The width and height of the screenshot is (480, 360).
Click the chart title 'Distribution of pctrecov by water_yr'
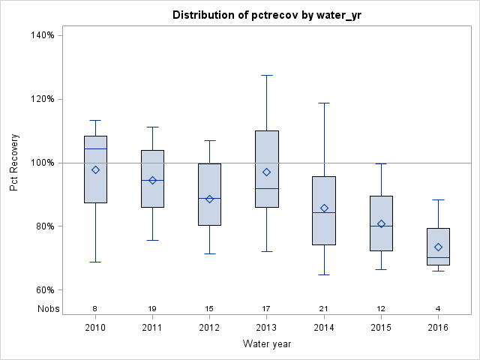point(266,15)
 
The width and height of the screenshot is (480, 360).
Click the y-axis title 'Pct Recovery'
point(14,163)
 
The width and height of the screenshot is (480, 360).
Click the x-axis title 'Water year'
point(266,344)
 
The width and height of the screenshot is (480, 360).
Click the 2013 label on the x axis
point(267,328)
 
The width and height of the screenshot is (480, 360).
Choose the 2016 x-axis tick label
point(438,328)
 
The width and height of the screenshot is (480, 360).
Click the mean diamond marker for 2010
point(95,169)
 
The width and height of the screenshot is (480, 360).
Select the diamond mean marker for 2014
point(324,208)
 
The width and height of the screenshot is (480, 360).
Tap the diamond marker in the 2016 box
point(438,247)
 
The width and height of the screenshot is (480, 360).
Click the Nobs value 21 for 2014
point(324,308)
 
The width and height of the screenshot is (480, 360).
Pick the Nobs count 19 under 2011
point(152,308)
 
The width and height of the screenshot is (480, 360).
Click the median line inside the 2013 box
point(267,188)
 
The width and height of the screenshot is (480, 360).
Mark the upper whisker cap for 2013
point(267,75)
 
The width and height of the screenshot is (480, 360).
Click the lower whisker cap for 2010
point(95,262)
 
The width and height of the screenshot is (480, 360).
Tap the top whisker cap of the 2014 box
point(324,103)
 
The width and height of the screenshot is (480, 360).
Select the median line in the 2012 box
point(209,198)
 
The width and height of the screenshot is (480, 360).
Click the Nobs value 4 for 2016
point(438,308)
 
